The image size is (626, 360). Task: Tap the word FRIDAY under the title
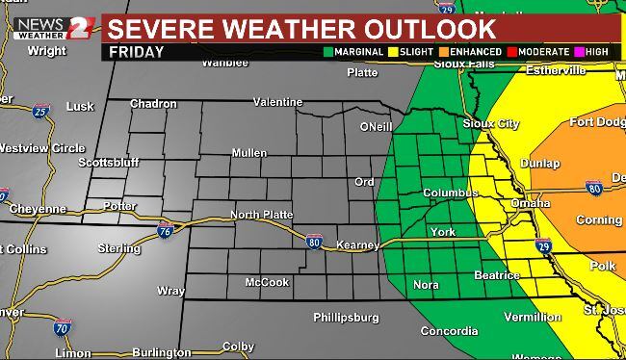(x=136, y=52)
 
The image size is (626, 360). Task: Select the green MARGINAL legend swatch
(x=329, y=52)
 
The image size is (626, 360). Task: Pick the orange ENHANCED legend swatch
(x=444, y=52)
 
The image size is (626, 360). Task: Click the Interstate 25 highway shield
(x=39, y=112)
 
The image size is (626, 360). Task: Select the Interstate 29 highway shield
(x=543, y=246)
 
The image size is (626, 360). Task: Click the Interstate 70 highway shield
(x=63, y=327)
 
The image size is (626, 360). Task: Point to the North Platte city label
(x=260, y=215)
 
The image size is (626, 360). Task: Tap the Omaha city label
(x=531, y=204)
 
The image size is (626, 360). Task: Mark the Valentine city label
(x=278, y=101)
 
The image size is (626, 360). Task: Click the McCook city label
(x=266, y=283)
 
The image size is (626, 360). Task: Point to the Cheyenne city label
(x=38, y=209)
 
